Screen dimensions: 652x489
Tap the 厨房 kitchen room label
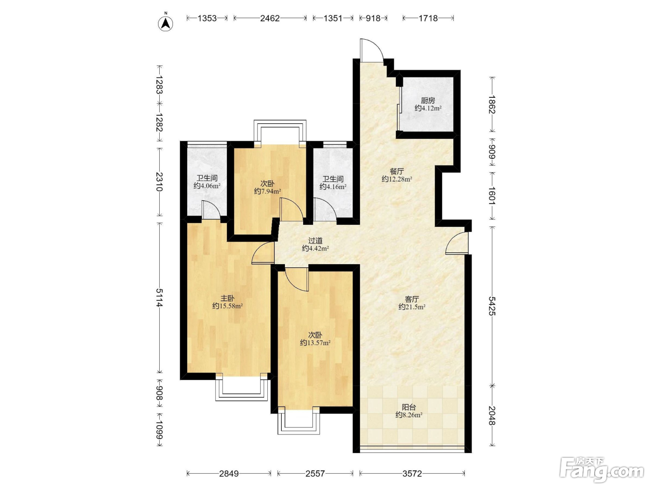[x=428, y=101]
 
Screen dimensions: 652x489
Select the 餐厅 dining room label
[x=397, y=171]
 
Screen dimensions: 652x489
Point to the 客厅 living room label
[x=412, y=299]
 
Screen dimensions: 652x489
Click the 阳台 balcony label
[x=409, y=407]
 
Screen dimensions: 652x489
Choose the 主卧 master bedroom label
[x=227, y=298]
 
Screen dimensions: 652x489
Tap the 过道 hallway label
[x=315, y=240]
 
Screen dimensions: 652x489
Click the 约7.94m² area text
[x=267, y=191]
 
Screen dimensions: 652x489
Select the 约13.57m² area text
[x=315, y=343]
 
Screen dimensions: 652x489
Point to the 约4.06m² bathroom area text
[x=207, y=186]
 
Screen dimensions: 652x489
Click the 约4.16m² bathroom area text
[x=333, y=187]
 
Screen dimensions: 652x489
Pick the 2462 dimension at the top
[x=270, y=19]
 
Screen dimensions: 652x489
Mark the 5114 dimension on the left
[x=160, y=298]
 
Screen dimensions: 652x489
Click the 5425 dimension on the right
[x=492, y=306]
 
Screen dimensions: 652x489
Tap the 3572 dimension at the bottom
[x=412, y=474]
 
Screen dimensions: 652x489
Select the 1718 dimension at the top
[x=428, y=19]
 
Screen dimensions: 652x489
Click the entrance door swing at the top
[x=371, y=50]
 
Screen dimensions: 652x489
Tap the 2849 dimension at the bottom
[x=229, y=474]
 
